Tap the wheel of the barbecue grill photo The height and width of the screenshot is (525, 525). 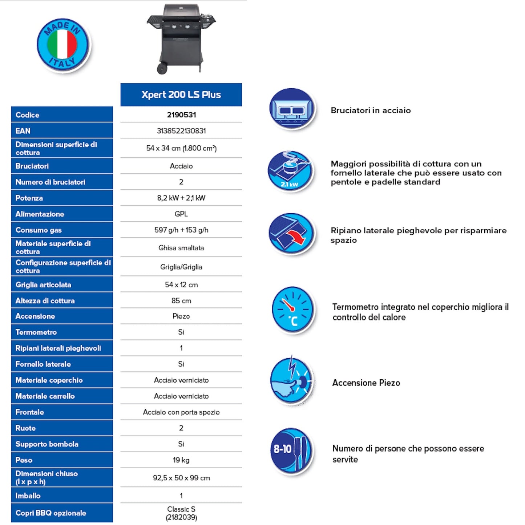(x=162, y=68)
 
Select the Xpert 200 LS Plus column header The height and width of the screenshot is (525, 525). (x=181, y=94)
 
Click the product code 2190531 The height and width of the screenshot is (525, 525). (x=181, y=115)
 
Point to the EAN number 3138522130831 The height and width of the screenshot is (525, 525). (x=181, y=131)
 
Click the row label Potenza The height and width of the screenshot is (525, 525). (x=29, y=198)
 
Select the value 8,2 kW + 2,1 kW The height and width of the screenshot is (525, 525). (x=181, y=198)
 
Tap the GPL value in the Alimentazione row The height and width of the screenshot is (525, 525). (x=181, y=214)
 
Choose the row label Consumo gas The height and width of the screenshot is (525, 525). (x=39, y=230)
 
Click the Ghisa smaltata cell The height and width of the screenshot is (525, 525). (x=181, y=248)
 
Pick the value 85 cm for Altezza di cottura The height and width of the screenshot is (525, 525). (x=181, y=300)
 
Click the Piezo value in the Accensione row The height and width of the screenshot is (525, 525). (x=181, y=316)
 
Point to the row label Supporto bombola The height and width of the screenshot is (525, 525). (x=47, y=444)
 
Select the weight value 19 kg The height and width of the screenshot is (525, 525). (x=181, y=460)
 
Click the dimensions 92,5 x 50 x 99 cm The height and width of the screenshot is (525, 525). (x=181, y=478)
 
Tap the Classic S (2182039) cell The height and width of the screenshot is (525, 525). (x=181, y=513)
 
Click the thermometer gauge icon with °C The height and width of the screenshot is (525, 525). (x=292, y=310)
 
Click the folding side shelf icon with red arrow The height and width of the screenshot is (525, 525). (x=292, y=233)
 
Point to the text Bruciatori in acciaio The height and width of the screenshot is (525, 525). (x=371, y=110)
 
